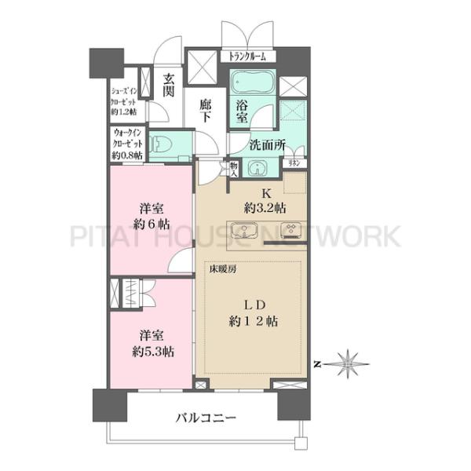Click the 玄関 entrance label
point(168,84)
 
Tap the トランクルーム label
point(248,57)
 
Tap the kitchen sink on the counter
point(244,231)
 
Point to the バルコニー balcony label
point(206,418)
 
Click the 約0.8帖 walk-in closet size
point(127,155)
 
